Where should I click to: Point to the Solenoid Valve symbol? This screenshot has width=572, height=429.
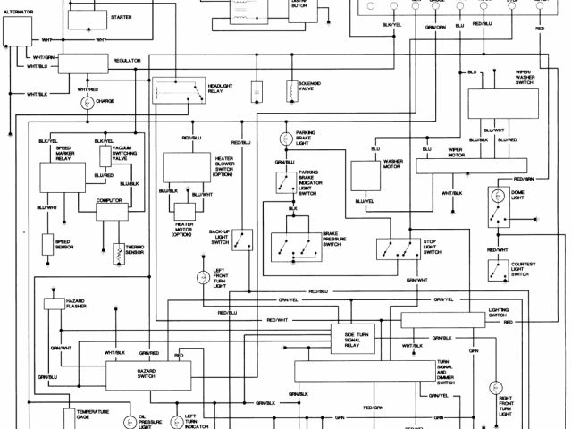[290, 92]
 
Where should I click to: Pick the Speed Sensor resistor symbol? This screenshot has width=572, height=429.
[49, 243]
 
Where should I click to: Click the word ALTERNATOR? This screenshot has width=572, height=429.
[17, 12]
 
